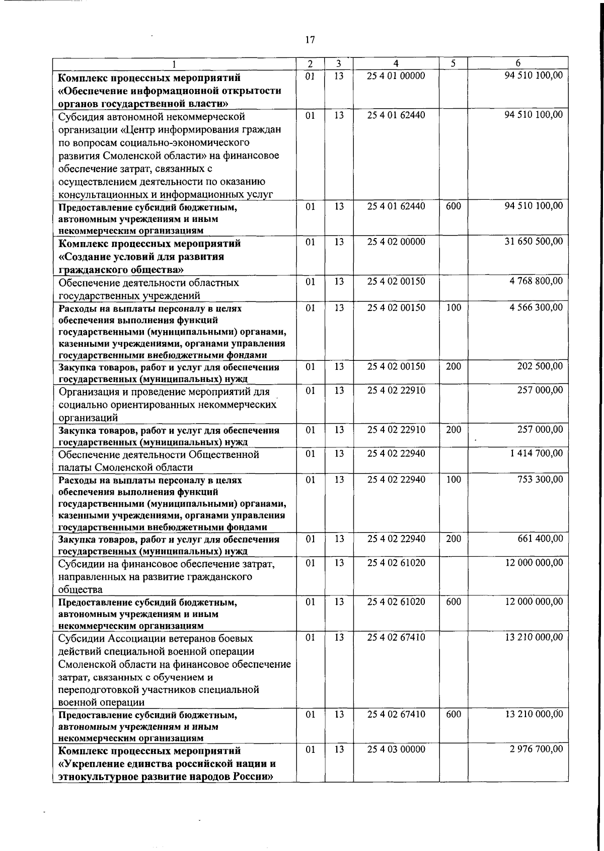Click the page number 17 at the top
tap(310, 40)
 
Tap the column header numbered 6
tap(518, 63)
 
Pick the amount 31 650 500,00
tap(534, 242)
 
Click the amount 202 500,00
tap(540, 366)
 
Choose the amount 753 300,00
tap(540, 479)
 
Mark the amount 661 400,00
tap(540, 538)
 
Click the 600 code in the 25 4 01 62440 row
tap(454, 206)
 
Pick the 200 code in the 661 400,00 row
tap(454, 539)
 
